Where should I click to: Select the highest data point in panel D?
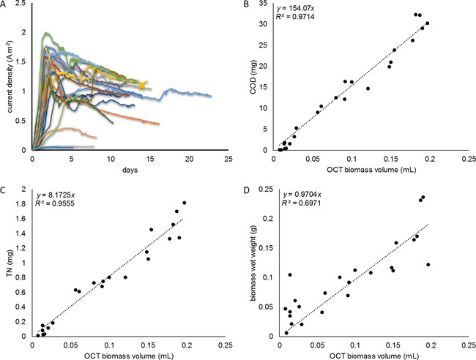tap(423, 197)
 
